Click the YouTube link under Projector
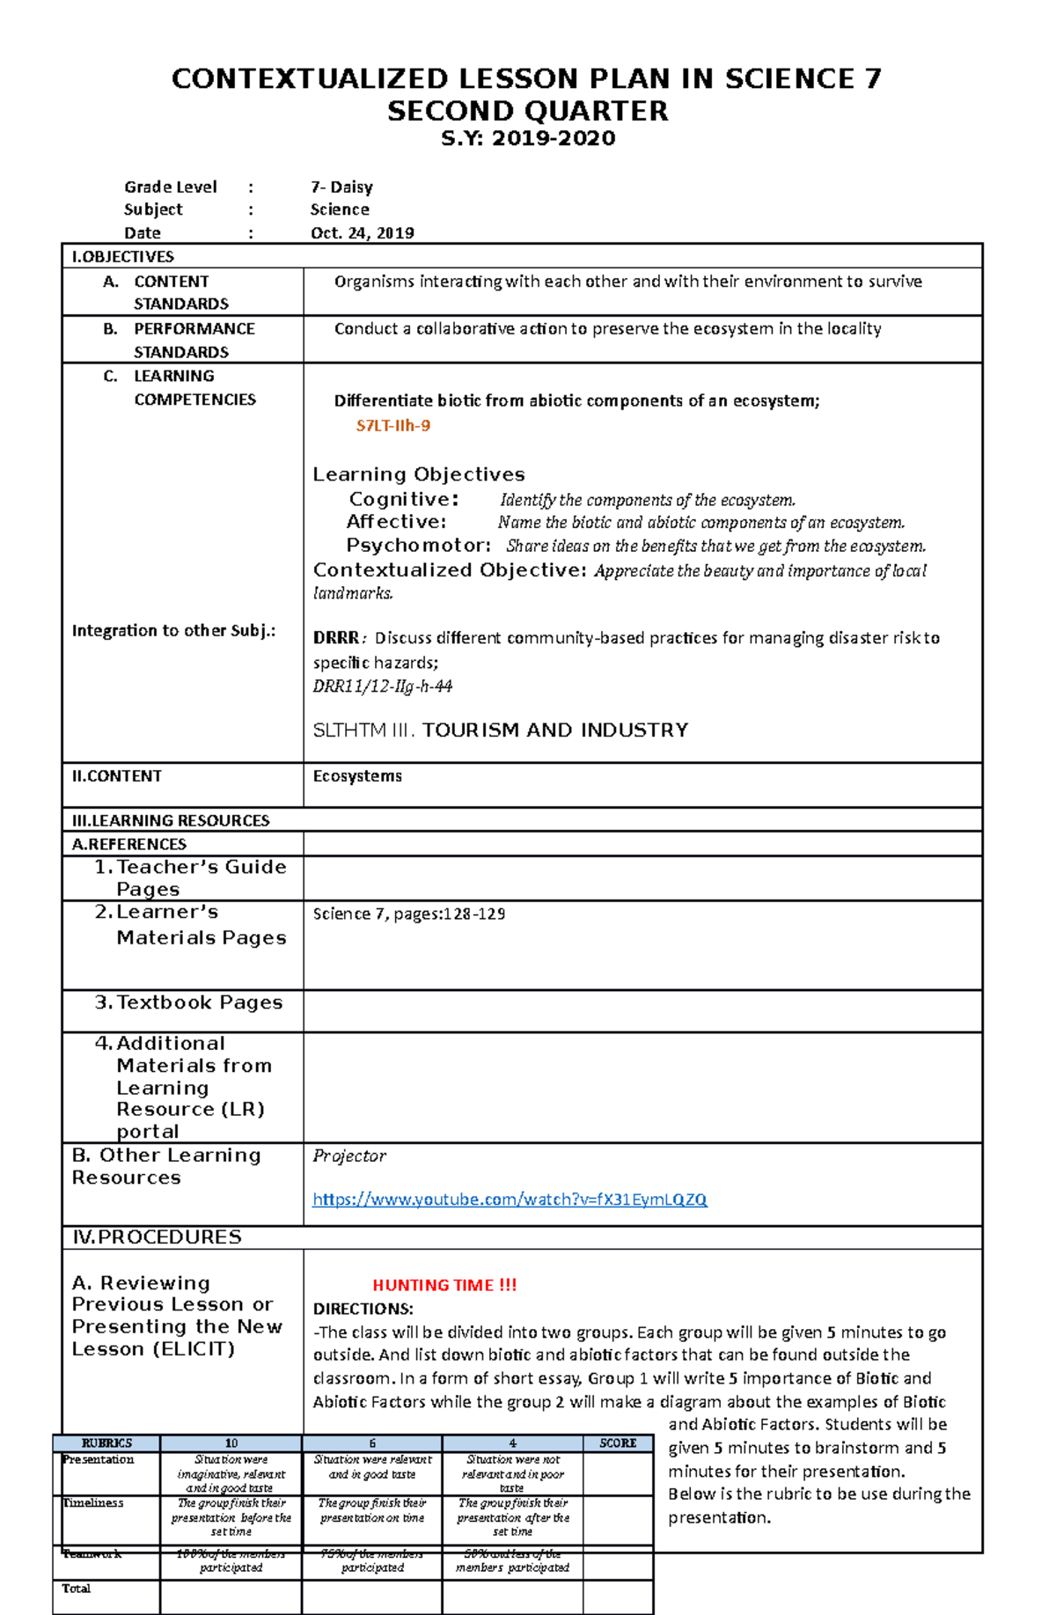tap(510, 1199)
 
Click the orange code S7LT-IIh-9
tap(392, 426)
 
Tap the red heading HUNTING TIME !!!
tap(444, 1285)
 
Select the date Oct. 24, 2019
tap(362, 233)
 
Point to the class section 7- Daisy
tap(341, 187)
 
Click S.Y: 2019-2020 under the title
tap(528, 138)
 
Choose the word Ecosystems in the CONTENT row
tap(357, 776)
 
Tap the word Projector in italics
tap(349, 1156)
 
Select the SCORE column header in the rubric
tap(618, 1443)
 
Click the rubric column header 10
tap(231, 1443)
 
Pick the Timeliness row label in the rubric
tap(92, 1503)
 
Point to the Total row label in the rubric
tap(76, 1589)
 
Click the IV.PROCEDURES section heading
tap(157, 1237)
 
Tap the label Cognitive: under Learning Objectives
tap(404, 499)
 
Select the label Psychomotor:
tap(418, 545)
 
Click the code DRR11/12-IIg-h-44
tap(383, 686)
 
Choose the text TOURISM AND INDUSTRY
tap(555, 730)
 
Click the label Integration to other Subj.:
tap(173, 630)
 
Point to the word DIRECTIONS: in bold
tap(363, 1309)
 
